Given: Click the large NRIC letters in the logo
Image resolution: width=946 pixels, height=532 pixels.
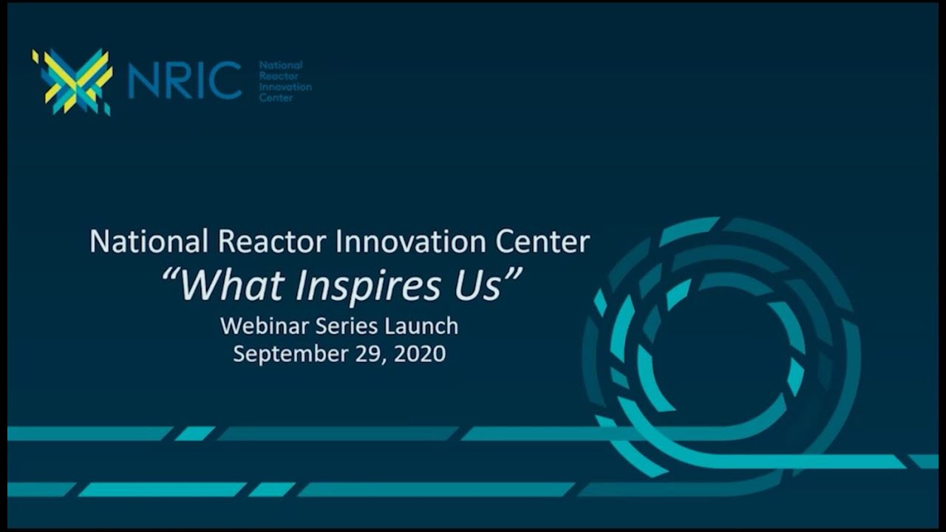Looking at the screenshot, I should pyautogui.click(x=185, y=81).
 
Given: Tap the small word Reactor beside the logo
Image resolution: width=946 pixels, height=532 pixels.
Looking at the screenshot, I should pyautogui.click(x=276, y=76).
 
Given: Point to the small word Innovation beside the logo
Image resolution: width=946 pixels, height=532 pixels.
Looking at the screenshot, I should pyautogui.click(x=285, y=87).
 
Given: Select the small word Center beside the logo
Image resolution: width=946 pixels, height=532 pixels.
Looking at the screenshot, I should pyautogui.click(x=275, y=98).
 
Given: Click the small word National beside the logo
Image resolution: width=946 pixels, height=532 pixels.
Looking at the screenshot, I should pyautogui.click(x=280, y=66).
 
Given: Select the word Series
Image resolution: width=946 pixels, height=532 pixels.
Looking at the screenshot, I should pyautogui.click(x=345, y=326).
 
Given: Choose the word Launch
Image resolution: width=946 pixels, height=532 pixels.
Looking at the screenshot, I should pyautogui.click(x=422, y=326).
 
